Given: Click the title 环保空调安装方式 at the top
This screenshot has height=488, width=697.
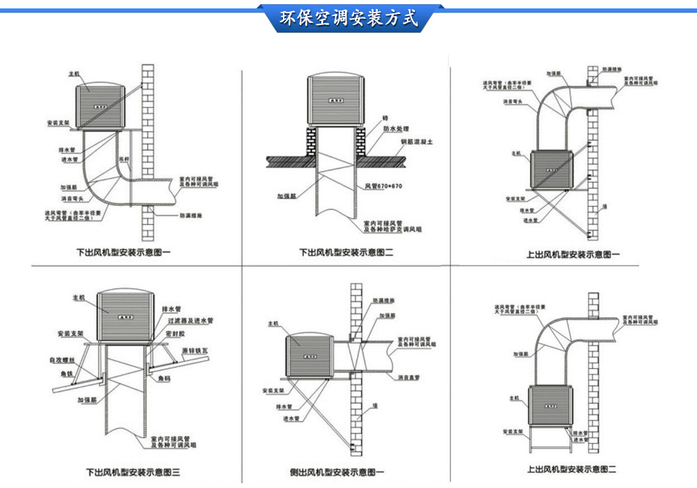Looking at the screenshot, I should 348,19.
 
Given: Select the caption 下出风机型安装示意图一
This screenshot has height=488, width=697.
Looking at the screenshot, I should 123,253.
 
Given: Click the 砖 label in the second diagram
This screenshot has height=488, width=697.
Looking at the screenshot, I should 385,119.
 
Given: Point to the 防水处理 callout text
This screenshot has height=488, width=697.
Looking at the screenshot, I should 395,130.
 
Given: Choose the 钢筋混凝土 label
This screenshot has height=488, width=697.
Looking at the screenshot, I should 417,142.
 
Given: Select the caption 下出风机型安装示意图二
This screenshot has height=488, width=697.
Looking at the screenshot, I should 346,253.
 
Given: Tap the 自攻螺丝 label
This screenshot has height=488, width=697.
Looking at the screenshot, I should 61,360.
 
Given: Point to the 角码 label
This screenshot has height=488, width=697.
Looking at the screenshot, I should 164,379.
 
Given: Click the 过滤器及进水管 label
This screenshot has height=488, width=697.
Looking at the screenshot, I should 190,321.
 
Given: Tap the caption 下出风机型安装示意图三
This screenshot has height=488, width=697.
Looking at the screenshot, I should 132,472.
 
